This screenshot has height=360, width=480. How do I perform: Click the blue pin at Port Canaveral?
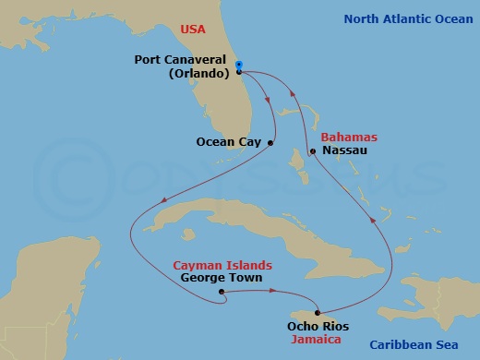click(x=238, y=66)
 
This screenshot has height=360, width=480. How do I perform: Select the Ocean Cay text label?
click(x=230, y=142)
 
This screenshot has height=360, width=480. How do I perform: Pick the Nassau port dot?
click(x=313, y=151)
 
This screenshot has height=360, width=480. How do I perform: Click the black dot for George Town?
click(x=222, y=294)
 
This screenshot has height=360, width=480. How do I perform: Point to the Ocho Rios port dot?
click(x=318, y=313)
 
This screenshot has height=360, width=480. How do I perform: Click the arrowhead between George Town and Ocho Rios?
click(x=273, y=292)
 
